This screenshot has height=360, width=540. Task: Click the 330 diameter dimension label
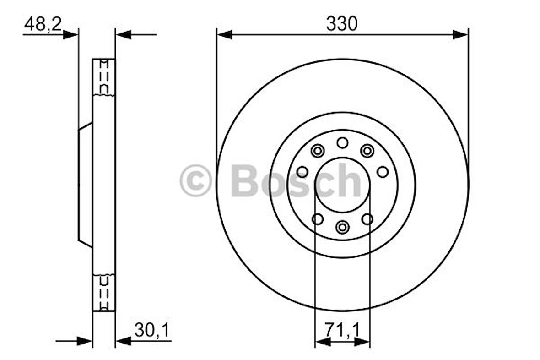click(x=341, y=24)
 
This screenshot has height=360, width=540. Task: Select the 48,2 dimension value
click(x=43, y=24)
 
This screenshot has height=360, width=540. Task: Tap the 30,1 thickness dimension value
click(x=152, y=329)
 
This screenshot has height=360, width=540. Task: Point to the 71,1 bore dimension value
click(x=342, y=329)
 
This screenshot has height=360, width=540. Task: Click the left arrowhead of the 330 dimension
click(x=224, y=34)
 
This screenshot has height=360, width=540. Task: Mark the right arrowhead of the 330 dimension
click(x=460, y=34)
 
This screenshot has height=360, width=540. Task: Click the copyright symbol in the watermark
click(x=196, y=181)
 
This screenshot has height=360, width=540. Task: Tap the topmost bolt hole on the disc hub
click(x=342, y=143)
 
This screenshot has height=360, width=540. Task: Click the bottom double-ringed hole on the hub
click(x=342, y=226)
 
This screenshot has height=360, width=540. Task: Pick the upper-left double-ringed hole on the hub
click(x=317, y=150)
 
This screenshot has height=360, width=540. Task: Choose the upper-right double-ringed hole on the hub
click(x=367, y=150)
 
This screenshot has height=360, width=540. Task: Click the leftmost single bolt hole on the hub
click(x=302, y=172)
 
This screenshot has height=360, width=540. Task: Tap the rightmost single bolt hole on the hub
click(x=383, y=172)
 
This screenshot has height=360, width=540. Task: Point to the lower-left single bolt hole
click(x=318, y=219)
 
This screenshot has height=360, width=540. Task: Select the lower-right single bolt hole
click(x=367, y=219)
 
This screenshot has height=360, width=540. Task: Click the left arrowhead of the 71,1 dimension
click(x=322, y=342)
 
